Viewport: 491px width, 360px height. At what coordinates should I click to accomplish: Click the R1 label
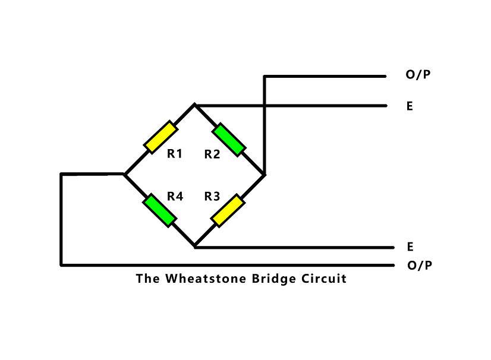coord(174,154)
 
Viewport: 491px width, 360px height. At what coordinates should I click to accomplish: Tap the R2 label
coord(212,154)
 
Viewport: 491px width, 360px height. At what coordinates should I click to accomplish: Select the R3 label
coord(212,196)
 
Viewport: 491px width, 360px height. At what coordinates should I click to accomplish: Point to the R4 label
coord(174,196)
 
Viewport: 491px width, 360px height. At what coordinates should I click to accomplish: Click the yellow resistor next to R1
coord(160,137)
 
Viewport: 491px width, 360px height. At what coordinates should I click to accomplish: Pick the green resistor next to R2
coord(229,139)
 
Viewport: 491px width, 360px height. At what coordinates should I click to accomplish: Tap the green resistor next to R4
coord(160,210)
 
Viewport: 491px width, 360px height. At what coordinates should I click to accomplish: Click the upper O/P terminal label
coord(418,75)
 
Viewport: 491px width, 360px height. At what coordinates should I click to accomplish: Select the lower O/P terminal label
coord(420,265)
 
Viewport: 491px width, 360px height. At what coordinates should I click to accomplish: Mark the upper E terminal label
coord(410,107)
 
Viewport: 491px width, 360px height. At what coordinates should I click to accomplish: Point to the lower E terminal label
coord(410,247)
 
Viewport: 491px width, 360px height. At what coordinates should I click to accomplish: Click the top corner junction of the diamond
coord(194,105)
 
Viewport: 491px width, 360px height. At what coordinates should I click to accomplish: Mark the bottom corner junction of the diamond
coord(194,246)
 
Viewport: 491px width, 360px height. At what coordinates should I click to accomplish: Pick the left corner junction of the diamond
coord(124,174)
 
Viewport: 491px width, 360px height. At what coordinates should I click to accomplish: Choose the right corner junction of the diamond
coord(265,174)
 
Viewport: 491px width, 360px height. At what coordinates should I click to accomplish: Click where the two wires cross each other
coord(265,106)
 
